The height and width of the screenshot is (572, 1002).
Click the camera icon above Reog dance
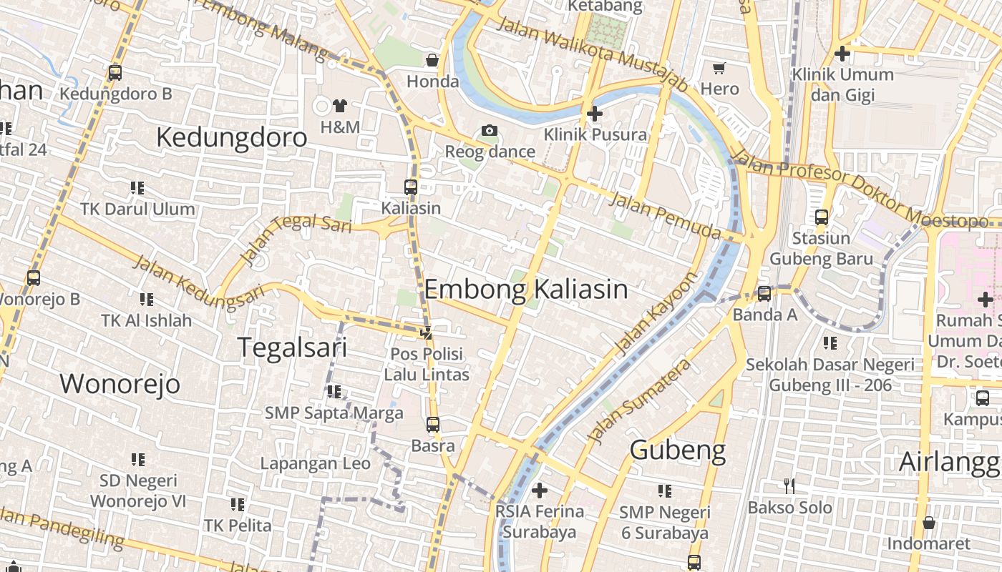490,130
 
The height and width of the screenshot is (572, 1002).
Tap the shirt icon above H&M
339,106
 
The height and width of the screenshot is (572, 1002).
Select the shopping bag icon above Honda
432,59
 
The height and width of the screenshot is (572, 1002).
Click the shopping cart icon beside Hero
719,68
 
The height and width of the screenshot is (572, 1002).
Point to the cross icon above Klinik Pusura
594,113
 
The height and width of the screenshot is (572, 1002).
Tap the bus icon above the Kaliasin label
411,187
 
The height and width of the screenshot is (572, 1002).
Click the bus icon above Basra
433,425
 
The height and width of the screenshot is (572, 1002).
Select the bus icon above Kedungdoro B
115,72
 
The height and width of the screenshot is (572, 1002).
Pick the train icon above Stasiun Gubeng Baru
822,217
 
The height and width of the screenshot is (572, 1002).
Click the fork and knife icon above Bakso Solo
789,486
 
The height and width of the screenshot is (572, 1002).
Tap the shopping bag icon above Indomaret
928,523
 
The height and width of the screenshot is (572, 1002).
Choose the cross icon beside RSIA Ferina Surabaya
540,490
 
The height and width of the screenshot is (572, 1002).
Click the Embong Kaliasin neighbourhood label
526,290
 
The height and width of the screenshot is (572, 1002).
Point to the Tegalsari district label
292,347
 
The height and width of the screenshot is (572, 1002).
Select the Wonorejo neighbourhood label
120,384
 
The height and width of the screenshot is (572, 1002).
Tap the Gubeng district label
678,450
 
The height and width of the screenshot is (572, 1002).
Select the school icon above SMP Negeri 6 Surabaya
665,490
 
